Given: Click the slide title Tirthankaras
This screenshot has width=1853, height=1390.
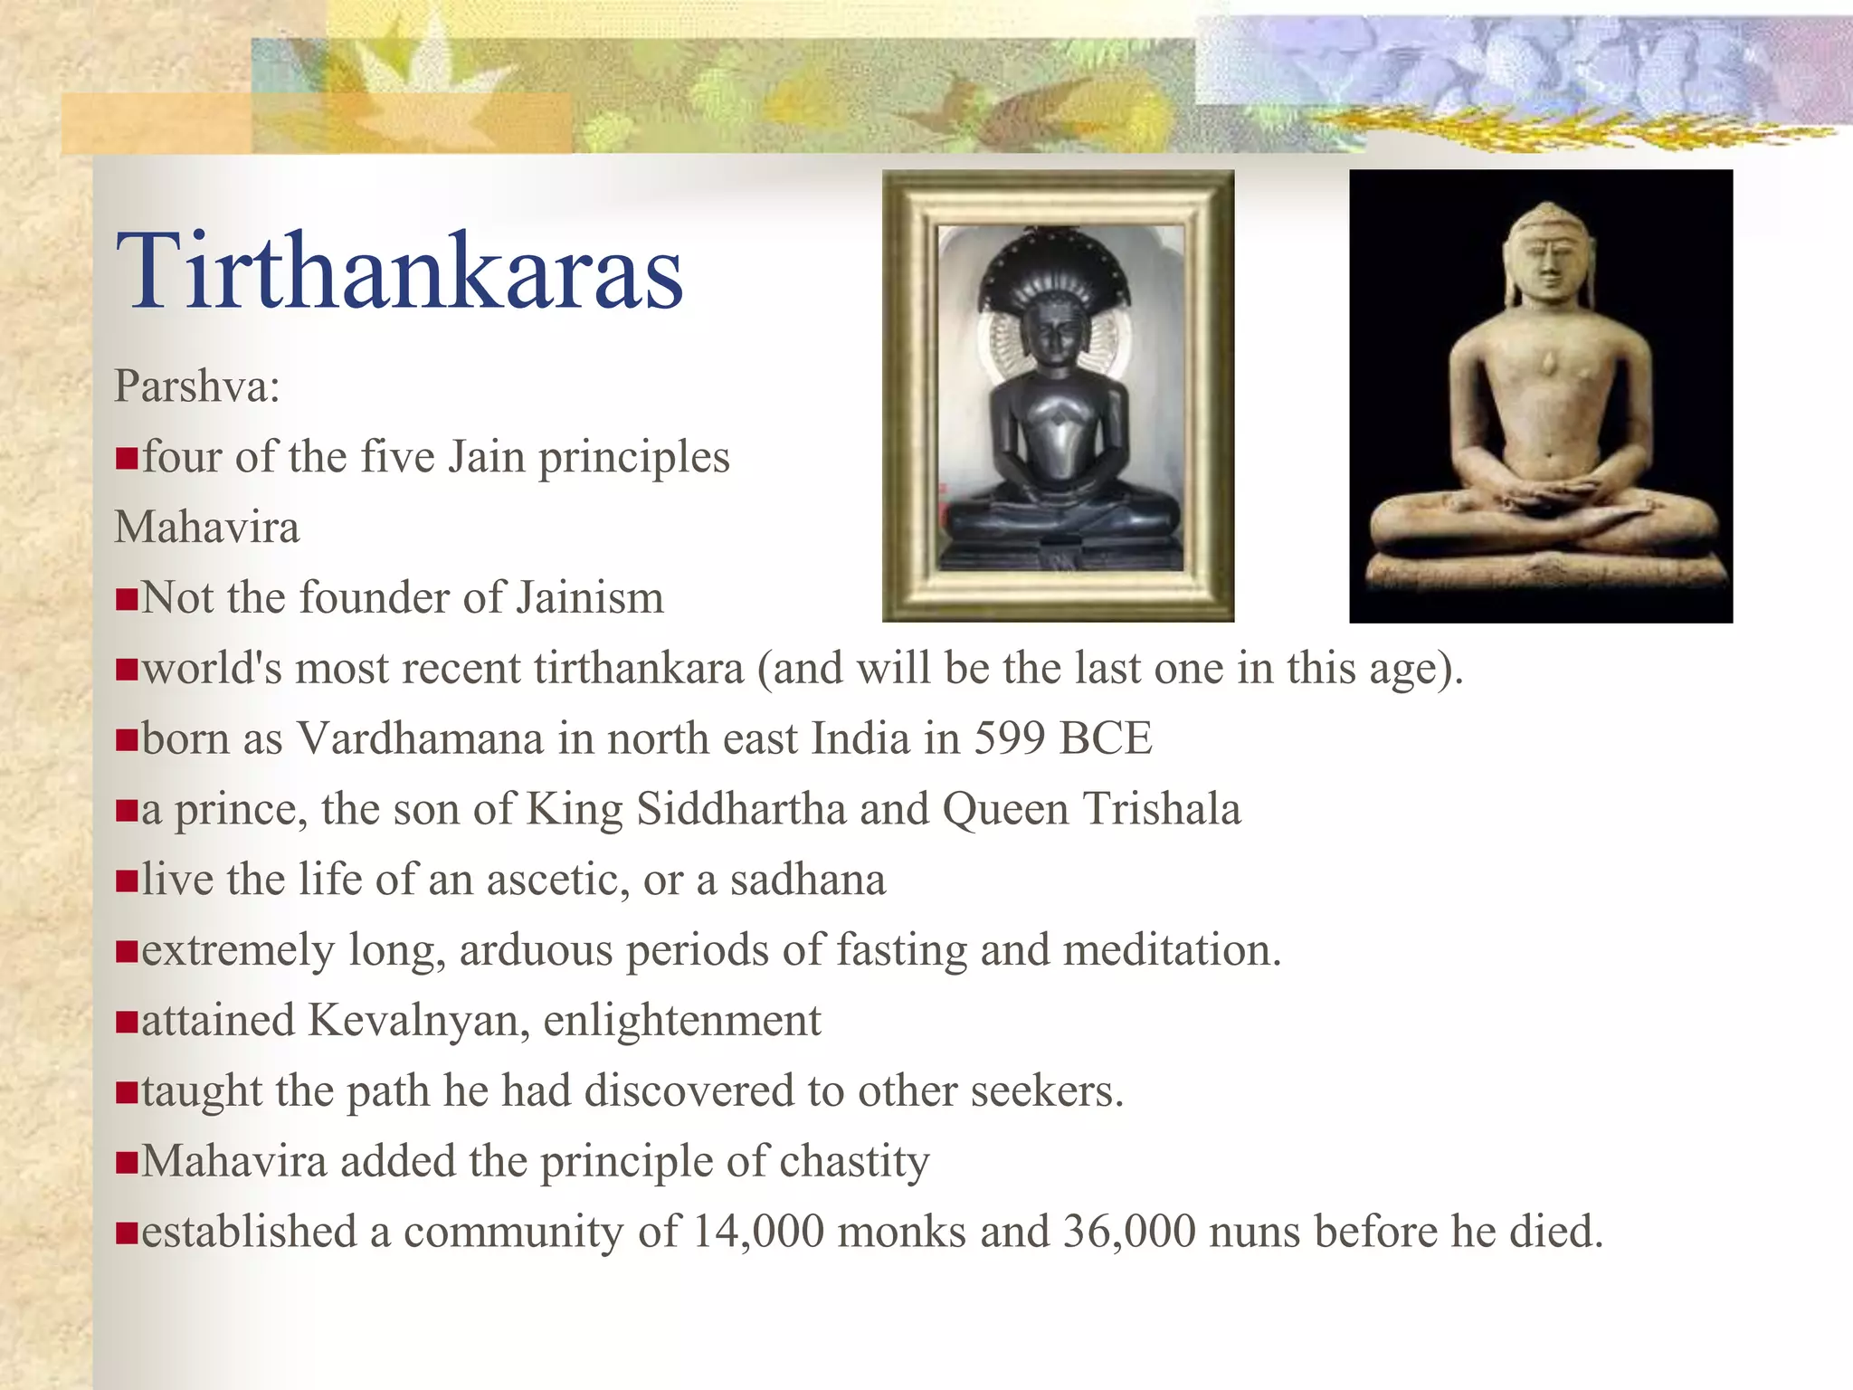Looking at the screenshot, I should coord(399,271).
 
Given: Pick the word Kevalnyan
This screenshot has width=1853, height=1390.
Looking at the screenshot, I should coord(419,1021).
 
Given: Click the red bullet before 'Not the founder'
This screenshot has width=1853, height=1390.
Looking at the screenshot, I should coord(126,599).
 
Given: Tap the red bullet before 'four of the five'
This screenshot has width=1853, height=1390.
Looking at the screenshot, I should coord(126,459).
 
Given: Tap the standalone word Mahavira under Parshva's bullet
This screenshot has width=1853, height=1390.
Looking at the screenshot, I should coord(206,528).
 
